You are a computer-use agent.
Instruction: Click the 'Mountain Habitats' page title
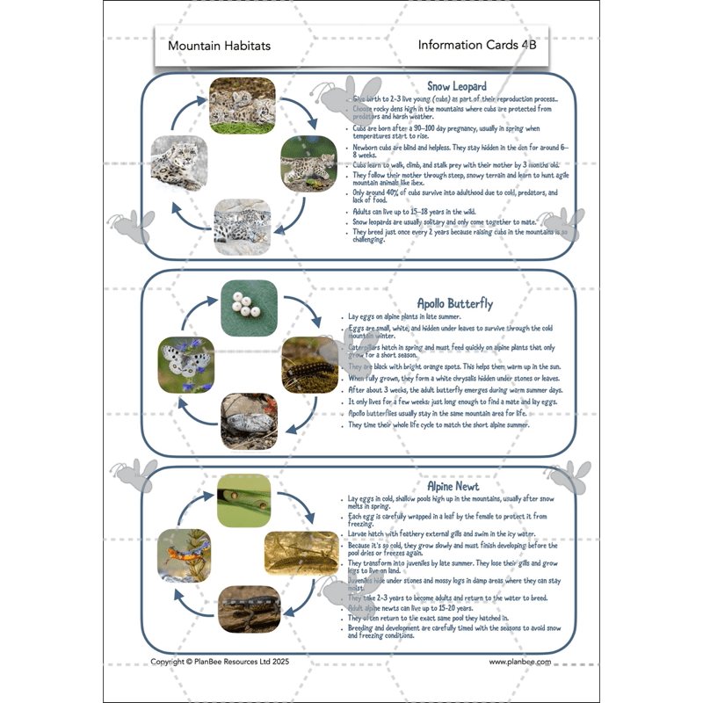click(207, 45)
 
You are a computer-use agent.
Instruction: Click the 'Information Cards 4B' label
click(476, 45)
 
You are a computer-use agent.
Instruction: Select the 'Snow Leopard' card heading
click(456, 86)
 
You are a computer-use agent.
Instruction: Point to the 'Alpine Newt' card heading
click(453, 486)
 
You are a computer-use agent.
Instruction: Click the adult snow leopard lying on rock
click(181, 163)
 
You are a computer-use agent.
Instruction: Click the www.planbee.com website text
click(519, 662)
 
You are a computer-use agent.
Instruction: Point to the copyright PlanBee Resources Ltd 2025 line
click(219, 662)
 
